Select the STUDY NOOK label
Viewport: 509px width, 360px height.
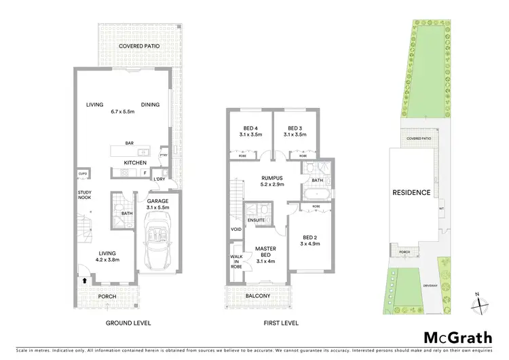pos(84,198)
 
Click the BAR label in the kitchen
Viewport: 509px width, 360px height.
pos(130,143)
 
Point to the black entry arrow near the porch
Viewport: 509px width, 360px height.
pos(84,279)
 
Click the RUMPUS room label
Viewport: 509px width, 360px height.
pos(271,180)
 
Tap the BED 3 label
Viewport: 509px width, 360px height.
pos(294,131)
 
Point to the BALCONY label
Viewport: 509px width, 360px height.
pos(257,296)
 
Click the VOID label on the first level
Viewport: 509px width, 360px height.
pos(235,229)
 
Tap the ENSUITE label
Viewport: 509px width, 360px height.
pos(256,220)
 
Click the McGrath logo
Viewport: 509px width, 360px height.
pos(458,338)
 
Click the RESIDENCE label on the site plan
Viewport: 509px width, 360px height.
pos(411,192)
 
